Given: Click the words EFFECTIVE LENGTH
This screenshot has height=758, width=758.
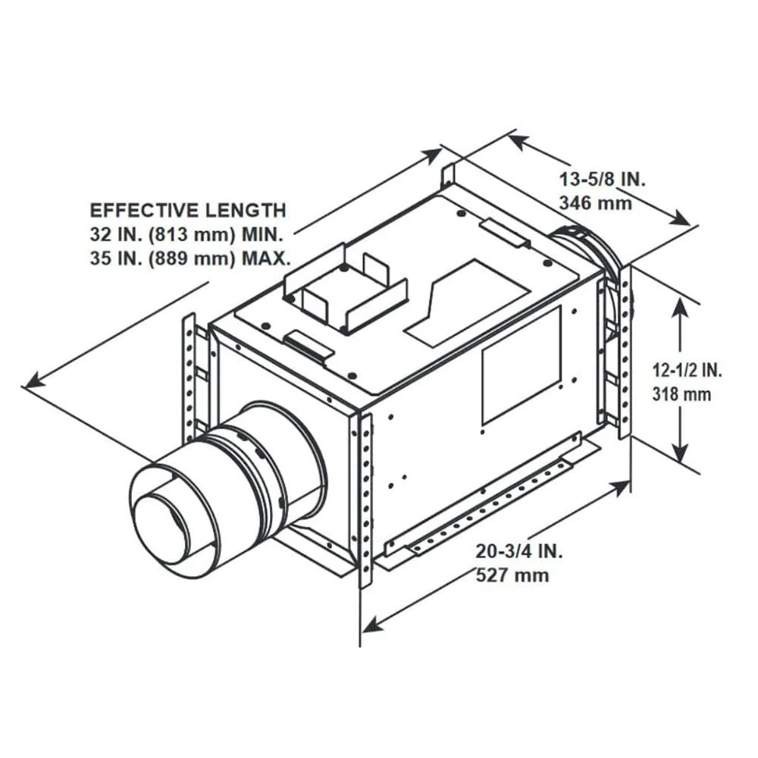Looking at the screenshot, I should point(188,210).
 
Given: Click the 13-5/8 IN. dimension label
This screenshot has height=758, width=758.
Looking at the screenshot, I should point(602,180).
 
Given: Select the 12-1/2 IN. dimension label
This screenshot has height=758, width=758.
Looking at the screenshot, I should point(688,371).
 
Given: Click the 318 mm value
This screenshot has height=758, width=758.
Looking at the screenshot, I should point(681,394).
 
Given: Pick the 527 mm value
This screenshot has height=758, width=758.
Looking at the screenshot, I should point(512,575).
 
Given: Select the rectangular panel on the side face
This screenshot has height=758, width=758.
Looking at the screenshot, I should point(522,365).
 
